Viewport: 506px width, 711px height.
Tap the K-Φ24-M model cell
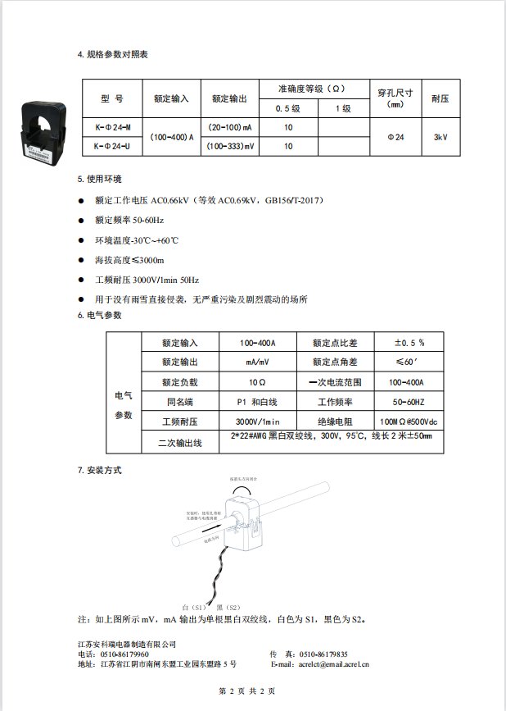[x=112, y=128]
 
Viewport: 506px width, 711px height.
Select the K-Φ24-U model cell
[x=112, y=146]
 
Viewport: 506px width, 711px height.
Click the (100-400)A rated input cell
[x=171, y=137]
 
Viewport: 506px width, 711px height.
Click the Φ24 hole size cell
[x=395, y=137]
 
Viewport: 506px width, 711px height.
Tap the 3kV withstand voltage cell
[x=440, y=137]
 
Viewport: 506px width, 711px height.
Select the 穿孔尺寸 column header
[x=395, y=98]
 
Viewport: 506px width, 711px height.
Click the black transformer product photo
[x=46, y=130]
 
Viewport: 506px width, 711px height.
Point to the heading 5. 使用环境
[x=99, y=178]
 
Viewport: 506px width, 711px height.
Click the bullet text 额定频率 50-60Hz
[x=129, y=221]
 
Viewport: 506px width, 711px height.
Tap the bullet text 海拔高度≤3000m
[x=129, y=260]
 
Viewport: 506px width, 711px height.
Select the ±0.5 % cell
[x=409, y=342]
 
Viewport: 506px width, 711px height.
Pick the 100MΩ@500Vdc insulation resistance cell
[x=409, y=422]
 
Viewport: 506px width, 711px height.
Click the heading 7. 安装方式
[x=99, y=471]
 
